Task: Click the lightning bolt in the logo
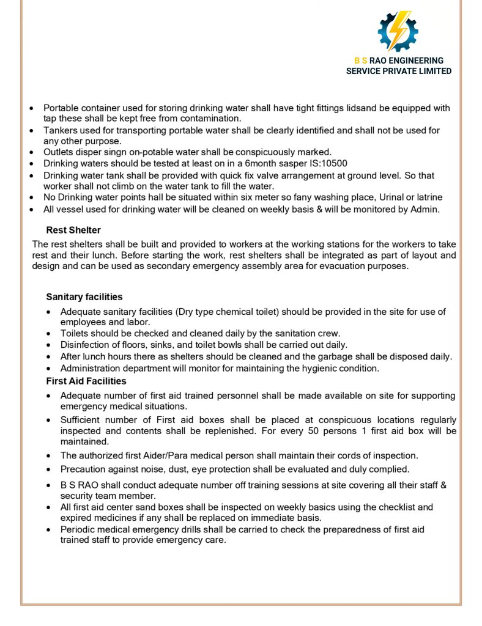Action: (398, 30)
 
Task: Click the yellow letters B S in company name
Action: (361, 61)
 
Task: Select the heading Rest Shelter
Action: (73, 230)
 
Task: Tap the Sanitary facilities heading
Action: (84, 297)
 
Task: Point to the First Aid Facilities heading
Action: (86, 381)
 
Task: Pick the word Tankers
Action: (60, 130)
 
